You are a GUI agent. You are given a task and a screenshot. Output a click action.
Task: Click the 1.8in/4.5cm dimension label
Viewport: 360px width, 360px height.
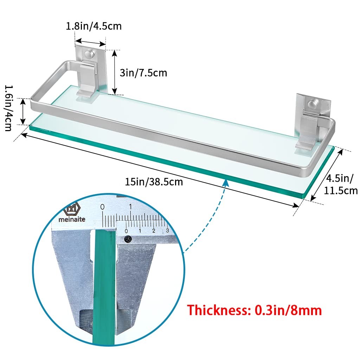(94, 26)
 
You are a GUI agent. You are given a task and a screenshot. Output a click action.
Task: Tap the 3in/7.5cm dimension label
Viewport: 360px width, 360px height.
(143, 73)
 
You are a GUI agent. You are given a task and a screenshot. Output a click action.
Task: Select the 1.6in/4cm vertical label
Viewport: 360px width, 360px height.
(9, 108)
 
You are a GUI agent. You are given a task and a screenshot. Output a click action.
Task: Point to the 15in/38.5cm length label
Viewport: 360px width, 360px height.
(154, 182)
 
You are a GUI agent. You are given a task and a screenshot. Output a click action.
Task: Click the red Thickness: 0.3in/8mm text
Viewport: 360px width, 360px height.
(254, 310)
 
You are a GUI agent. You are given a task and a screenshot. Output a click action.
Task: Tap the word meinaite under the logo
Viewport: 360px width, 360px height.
(72, 219)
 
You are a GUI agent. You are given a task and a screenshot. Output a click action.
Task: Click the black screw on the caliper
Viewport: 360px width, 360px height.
(128, 239)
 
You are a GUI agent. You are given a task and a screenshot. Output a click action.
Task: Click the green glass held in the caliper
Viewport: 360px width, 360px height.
(104, 287)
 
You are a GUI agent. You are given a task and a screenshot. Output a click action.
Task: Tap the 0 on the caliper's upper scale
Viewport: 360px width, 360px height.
(102, 207)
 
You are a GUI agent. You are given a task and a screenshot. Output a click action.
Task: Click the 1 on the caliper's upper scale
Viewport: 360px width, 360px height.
(130, 207)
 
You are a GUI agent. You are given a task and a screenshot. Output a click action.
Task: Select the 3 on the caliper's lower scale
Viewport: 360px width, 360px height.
(167, 230)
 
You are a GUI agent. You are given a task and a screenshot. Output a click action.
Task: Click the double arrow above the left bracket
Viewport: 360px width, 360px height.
(90, 42)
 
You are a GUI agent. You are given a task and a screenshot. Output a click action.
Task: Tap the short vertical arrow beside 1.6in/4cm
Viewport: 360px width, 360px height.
(23, 111)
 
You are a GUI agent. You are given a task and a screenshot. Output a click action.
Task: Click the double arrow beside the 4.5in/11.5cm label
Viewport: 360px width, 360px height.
(327, 175)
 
